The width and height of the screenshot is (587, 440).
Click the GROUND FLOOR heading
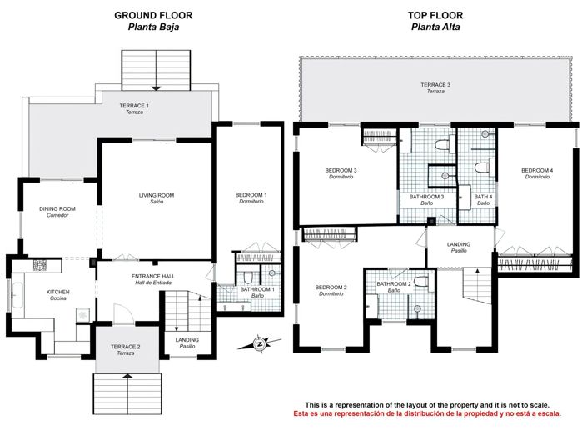tap(154, 15)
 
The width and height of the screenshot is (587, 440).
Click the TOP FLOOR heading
tap(436, 15)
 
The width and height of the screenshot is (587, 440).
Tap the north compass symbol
tap(260, 342)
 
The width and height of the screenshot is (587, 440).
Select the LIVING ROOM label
tap(156, 196)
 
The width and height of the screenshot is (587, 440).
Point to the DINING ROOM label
tap(57, 209)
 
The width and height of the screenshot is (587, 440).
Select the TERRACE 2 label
tap(126, 347)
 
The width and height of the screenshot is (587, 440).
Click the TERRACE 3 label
tap(435, 85)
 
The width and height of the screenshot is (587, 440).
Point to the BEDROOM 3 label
tap(341, 171)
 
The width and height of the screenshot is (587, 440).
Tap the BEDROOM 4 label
tap(537, 171)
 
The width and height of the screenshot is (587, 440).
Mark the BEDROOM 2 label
tap(331, 287)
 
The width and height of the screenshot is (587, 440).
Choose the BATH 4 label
tap(484, 197)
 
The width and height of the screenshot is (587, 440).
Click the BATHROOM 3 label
tap(426, 197)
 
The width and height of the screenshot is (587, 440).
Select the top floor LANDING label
tap(459, 243)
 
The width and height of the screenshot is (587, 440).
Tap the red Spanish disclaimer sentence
tap(425, 413)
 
